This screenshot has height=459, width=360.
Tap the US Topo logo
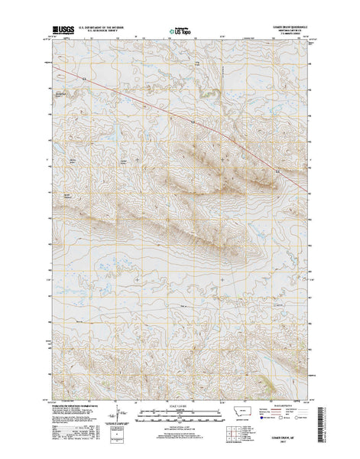click(x=182, y=33)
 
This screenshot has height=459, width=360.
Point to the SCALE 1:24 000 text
click(x=180, y=404)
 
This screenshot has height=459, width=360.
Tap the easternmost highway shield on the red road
click(x=193, y=120)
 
